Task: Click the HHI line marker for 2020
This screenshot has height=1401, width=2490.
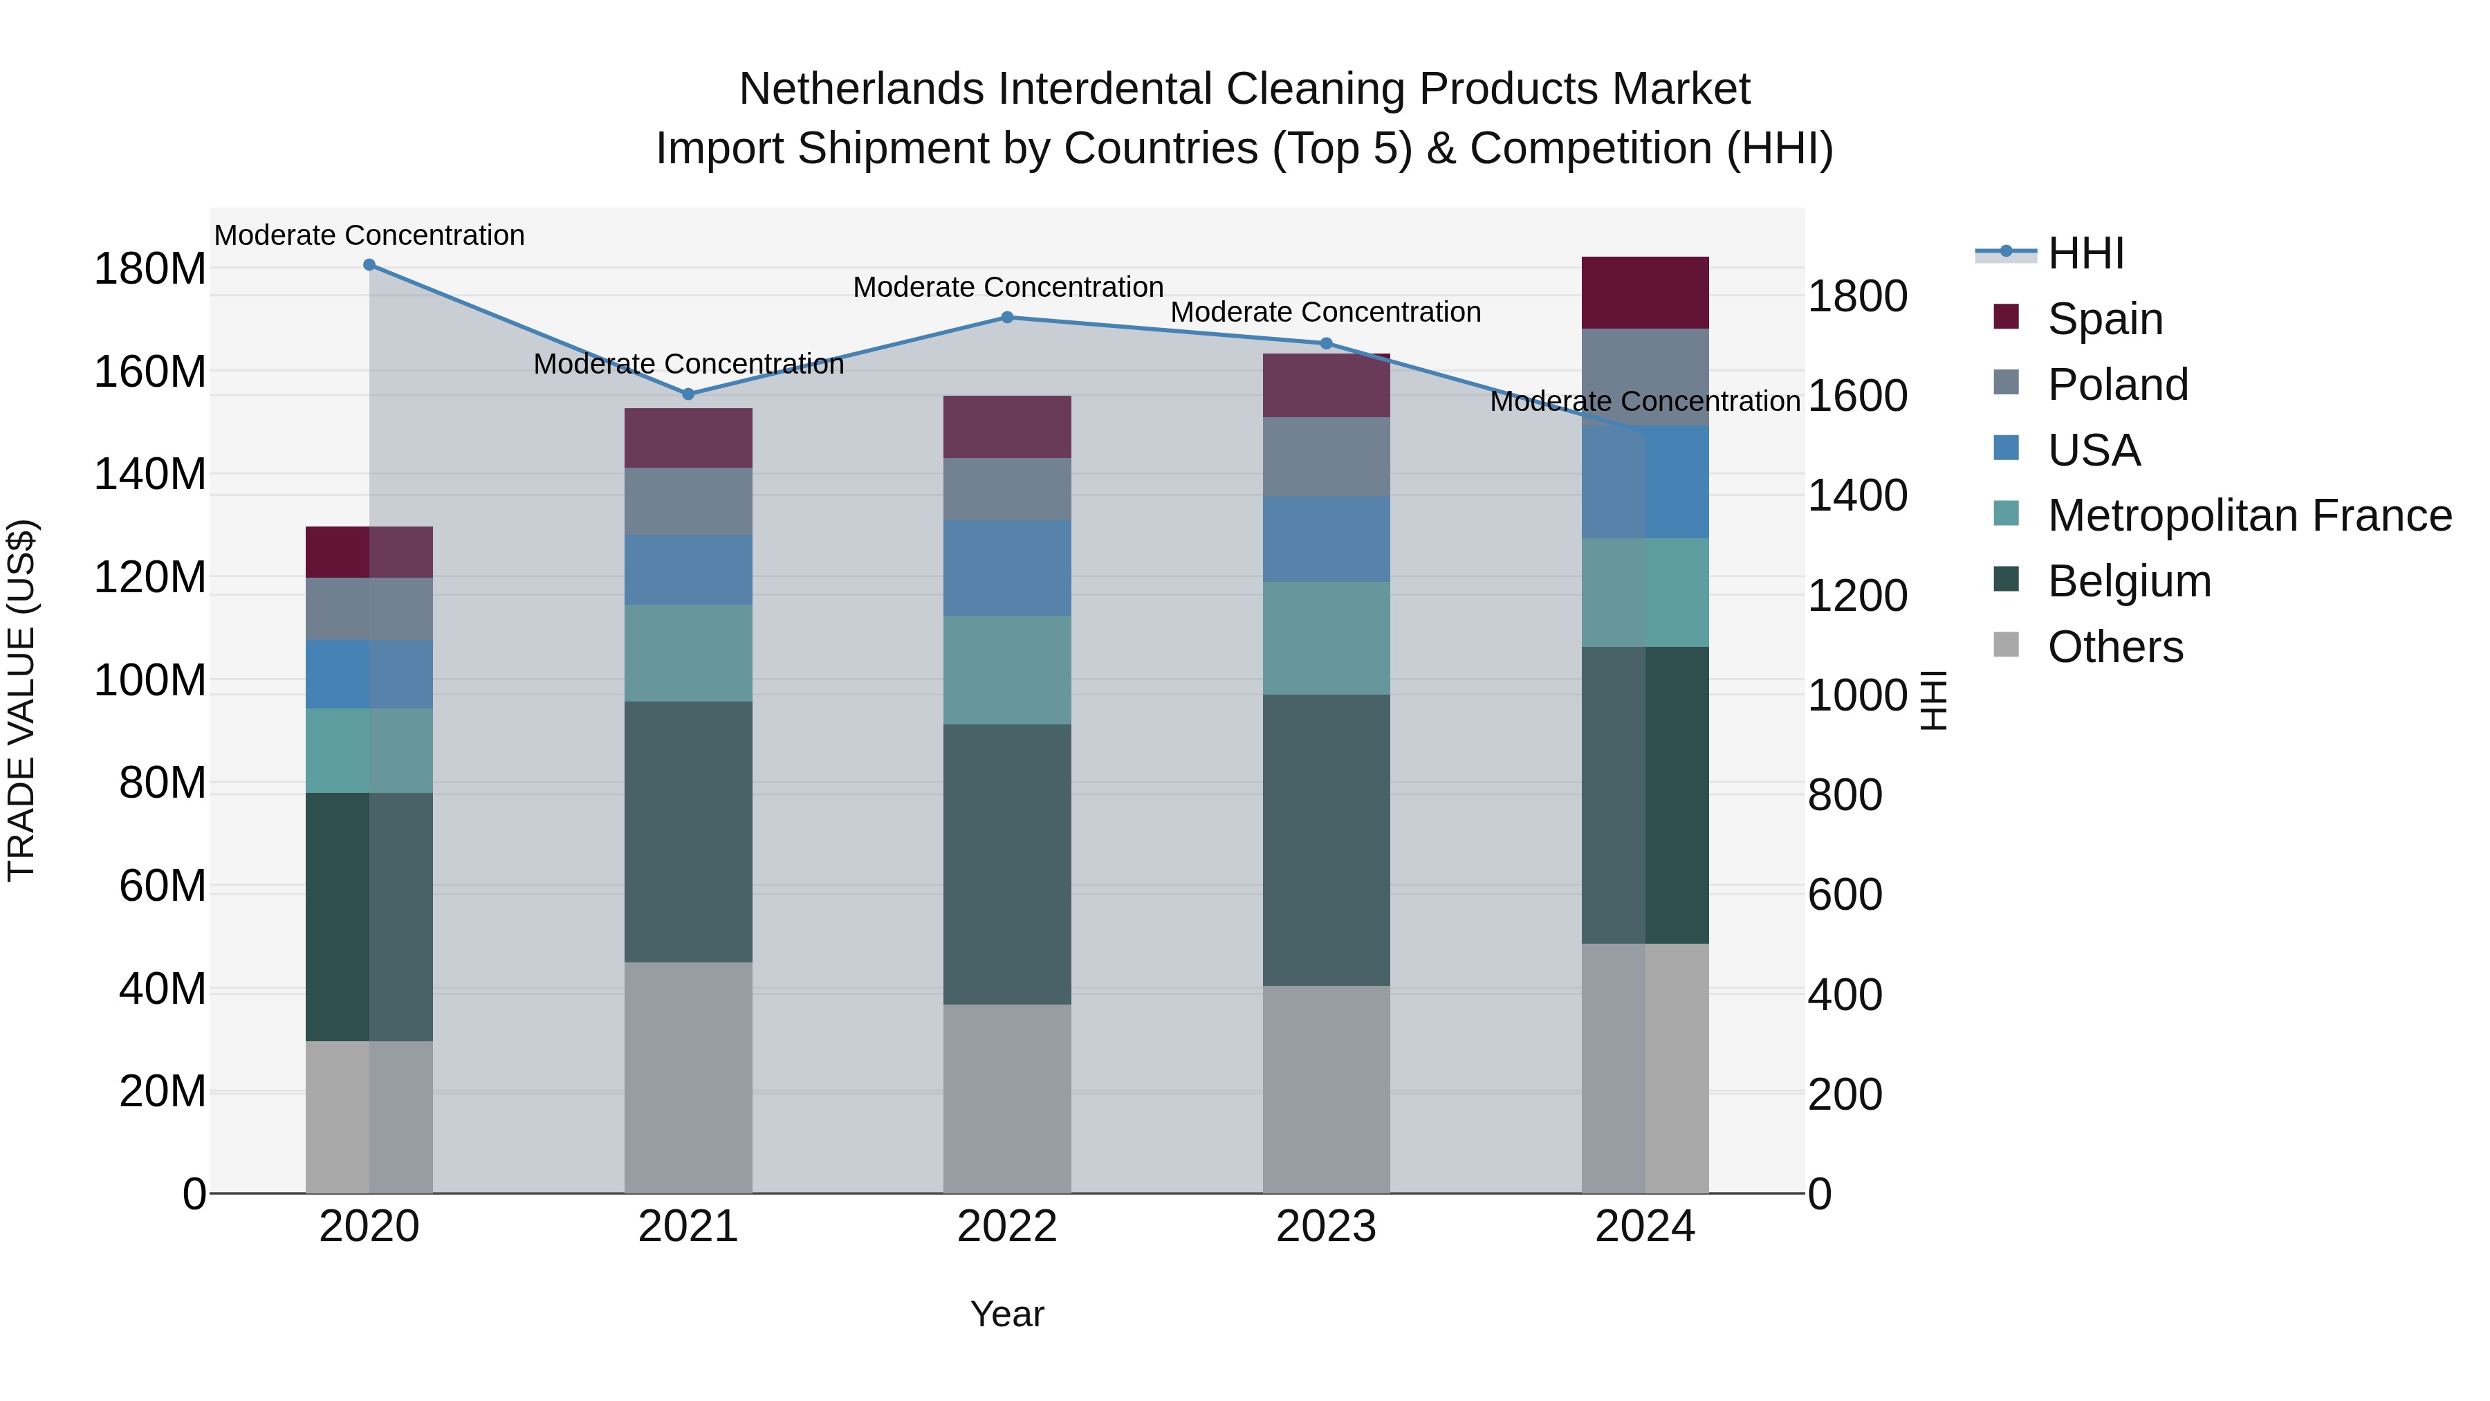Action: pyautogui.click(x=369, y=265)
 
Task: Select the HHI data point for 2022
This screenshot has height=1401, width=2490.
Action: pyautogui.click(x=1007, y=317)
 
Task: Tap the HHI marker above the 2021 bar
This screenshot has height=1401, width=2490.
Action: pyautogui.click(x=688, y=394)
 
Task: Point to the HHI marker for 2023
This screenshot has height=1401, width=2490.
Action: pyautogui.click(x=1326, y=343)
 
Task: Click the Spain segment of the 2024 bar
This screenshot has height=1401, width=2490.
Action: pyautogui.click(x=1645, y=293)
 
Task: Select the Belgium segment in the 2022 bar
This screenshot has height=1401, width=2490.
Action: pyautogui.click(x=1007, y=863)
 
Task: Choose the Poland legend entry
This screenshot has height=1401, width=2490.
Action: pyautogui.click(x=2117, y=385)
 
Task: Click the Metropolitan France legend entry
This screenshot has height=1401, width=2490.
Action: pyautogui.click(x=2249, y=516)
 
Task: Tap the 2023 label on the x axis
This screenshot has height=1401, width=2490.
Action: pyautogui.click(x=1326, y=1227)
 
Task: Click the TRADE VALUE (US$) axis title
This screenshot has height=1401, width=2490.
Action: pyautogui.click(x=21, y=700)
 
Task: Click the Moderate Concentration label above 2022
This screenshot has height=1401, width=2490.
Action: pyautogui.click(x=1007, y=287)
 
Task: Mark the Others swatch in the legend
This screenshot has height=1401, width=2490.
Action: pyautogui.click(x=2007, y=645)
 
